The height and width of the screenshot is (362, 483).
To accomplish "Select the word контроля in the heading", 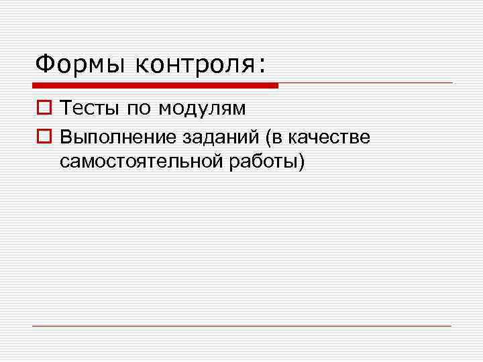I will [195, 65].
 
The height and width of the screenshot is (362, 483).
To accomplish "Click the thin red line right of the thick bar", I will [366, 83].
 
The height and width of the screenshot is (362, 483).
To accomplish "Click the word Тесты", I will [88, 107].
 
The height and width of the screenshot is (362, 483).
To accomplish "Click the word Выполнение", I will [117, 137].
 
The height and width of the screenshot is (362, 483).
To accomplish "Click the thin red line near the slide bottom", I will [241, 326].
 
